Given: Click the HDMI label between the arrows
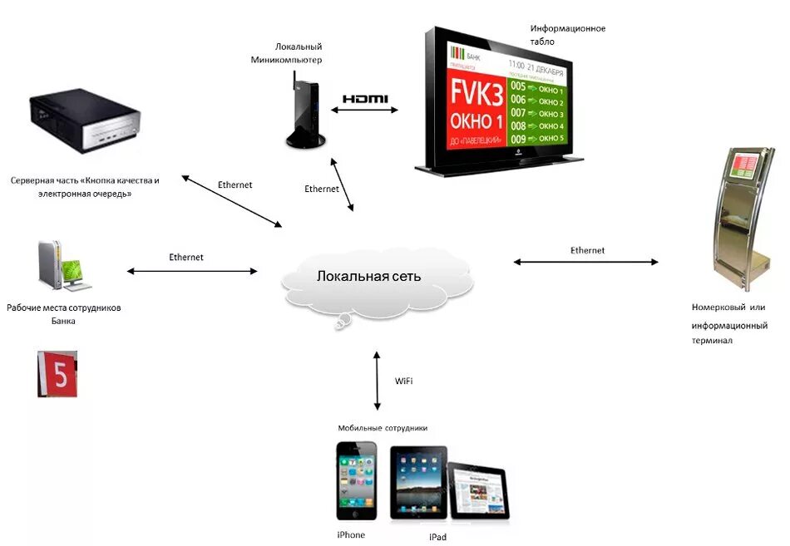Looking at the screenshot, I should (x=365, y=99).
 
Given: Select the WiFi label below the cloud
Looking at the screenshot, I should (x=404, y=381).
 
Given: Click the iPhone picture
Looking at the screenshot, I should (x=356, y=481).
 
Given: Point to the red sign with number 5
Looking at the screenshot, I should (x=57, y=373).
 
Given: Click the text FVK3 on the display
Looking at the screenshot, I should (x=476, y=88).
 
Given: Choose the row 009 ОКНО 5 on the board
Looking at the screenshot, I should (x=536, y=138).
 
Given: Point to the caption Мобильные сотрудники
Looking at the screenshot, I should (x=383, y=428).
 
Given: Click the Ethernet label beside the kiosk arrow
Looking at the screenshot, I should (x=587, y=250).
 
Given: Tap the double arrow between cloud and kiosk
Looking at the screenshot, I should (x=585, y=262).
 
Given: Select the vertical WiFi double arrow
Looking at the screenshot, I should (x=378, y=381).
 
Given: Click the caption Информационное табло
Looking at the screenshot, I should (x=567, y=35).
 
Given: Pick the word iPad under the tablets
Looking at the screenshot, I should (x=438, y=538).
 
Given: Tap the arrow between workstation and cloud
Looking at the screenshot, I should (x=192, y=270).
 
